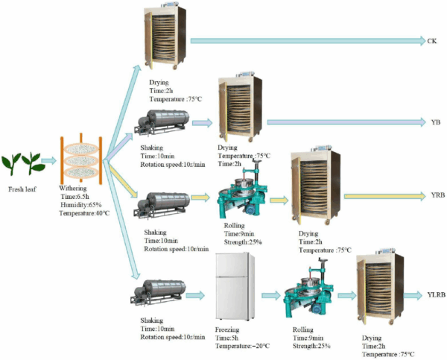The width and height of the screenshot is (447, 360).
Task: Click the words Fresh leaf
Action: (x=23, y=189)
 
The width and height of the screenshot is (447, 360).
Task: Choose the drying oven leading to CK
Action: (x=162, y=40)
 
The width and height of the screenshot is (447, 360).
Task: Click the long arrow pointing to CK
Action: (x=306, y=41)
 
